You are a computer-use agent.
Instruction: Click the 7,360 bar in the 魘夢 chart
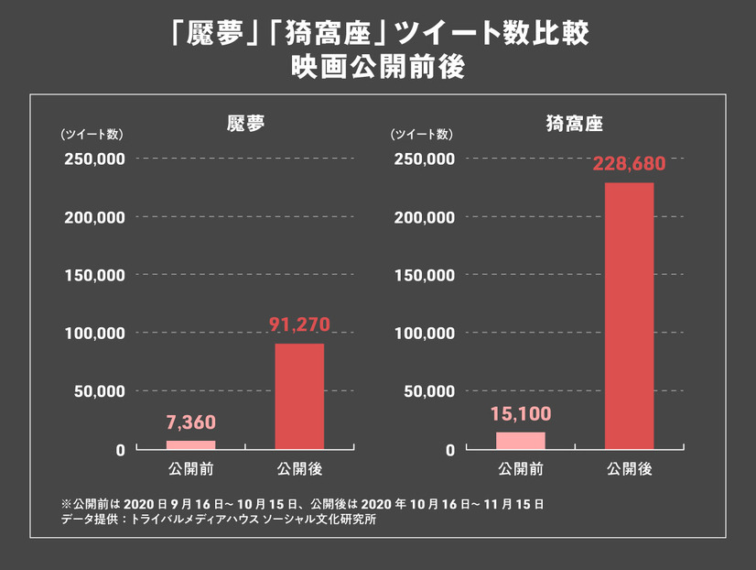point(191,445)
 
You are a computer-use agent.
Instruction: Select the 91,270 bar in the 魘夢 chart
point(299,397)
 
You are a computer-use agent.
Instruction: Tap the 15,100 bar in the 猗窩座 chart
point(521,441)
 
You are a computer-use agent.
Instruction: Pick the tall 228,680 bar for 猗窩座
point(629,316)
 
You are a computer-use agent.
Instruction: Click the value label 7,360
point(191,424)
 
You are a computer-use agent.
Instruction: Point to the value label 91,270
point(299,324)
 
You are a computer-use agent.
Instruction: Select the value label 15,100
point(521,414)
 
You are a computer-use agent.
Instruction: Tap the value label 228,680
point(629,165)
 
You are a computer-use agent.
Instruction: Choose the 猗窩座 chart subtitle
point(575,122)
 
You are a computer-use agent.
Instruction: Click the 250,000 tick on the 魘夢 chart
point(94,159)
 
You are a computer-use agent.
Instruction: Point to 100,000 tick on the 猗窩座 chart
point(424,334)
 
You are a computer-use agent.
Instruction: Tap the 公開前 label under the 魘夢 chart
point(191,469)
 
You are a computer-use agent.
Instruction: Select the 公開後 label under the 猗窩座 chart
point(629,469)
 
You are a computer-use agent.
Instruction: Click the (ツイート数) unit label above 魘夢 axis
point(92,135)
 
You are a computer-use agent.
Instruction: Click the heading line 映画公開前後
point(377,68)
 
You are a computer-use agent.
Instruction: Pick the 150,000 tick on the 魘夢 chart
point(94,275)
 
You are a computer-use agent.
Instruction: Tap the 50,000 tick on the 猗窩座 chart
point(427,391)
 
